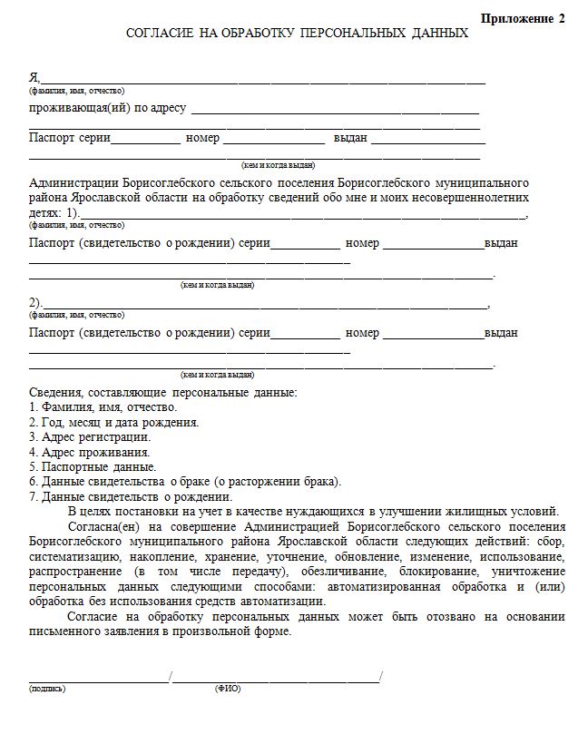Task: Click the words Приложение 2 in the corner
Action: coord(522,18)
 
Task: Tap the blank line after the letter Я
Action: coord(263,81)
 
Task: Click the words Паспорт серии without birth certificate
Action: coord(70,139)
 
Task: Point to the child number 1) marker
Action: coord(72,212)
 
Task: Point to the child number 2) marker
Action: coord(35,303)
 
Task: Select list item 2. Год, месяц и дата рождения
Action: coord(113,422)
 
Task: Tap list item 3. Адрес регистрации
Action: coord(90,436)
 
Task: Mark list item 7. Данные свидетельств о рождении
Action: coord(131,496)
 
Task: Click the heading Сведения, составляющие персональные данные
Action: coord(162,392)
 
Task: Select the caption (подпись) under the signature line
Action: coord(47,689)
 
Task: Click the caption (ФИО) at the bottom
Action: coord(228,689)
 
